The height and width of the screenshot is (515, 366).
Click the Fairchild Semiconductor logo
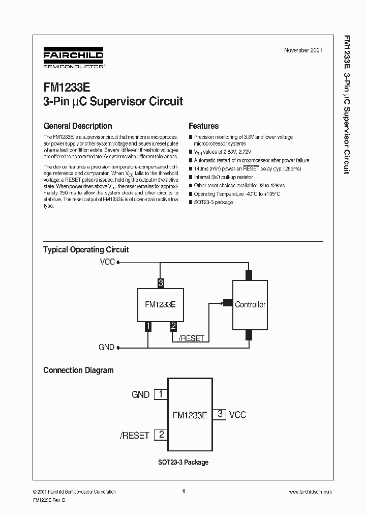(73, 59)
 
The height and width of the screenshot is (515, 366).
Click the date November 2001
(303, 50)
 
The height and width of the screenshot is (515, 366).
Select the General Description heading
(78, 126)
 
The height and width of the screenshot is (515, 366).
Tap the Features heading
(203, 126)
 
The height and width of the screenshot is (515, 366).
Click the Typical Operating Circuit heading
(86, 249)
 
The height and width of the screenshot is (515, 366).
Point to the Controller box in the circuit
(250, 304)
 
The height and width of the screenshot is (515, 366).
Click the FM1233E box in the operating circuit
(160, 304)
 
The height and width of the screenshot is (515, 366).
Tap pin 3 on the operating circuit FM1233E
(161, 283)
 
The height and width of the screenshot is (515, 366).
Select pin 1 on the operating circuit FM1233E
(148, 326)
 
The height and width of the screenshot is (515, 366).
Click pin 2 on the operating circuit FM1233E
(173, 326)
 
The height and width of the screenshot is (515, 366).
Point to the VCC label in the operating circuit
(108, 263)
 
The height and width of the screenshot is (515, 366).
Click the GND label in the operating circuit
(106, 348)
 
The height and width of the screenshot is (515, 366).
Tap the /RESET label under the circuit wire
(191, 338)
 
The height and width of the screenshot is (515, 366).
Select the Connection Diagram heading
(78, 370)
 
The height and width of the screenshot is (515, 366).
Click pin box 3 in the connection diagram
(220, 414)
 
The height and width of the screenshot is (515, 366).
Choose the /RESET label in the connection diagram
(135, 436)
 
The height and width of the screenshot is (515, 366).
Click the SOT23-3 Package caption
(182, 462)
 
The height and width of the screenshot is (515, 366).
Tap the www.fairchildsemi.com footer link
(310, 492)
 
